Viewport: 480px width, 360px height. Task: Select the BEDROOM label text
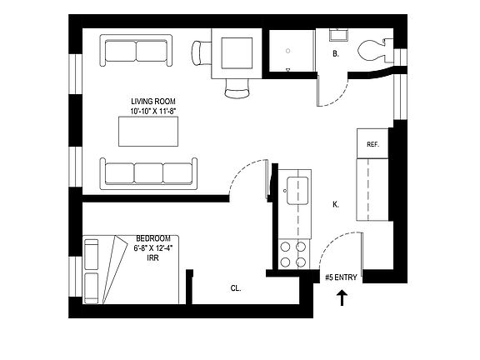click(152, 237)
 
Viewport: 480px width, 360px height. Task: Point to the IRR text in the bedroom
click(152, 257)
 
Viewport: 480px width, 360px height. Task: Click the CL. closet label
click(236, 288)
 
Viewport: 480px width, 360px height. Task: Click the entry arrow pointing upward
click(340, 297)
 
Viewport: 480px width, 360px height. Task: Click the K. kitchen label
click(335, 204)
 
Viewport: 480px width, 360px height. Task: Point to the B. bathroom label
click(335, 54)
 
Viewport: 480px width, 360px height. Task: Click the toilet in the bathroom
click(372, 51)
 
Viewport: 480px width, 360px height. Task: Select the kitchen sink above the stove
click(294, 190)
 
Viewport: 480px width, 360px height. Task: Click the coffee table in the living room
click(147, 132)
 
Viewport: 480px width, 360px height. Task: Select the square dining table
click(236, 51)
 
